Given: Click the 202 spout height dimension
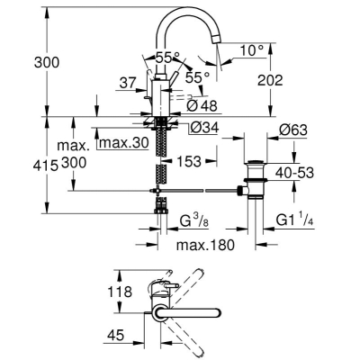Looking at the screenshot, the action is point(270,80).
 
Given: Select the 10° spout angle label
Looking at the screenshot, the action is point(251,50).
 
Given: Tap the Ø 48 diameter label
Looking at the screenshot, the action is point(202,105).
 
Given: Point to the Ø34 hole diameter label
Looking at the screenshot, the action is point(205,128).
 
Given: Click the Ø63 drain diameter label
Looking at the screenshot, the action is point(293,130).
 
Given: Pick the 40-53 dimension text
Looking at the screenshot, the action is point(294,173).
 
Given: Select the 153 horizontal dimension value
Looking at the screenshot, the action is point(189,162).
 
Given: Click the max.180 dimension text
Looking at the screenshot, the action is point(205,245).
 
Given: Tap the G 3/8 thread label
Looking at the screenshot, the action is point(194,221).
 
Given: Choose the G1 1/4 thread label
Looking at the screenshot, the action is point(294,220).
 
